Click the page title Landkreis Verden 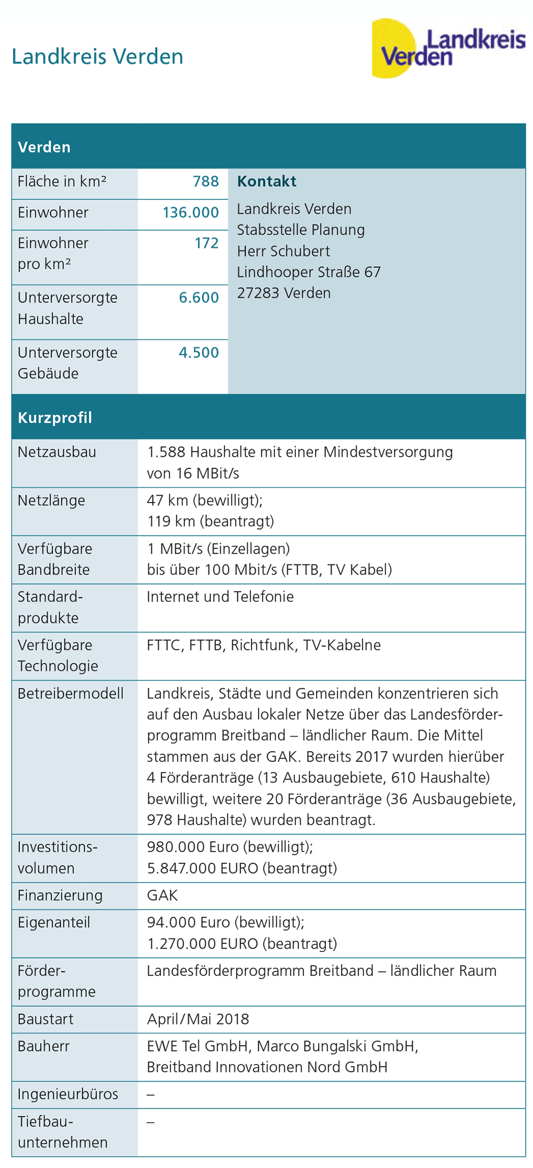(98, 57)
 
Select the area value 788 (206, 181)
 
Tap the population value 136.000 (190, 212)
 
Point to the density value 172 (206, 243)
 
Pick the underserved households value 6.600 (198, 298)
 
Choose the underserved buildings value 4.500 (198, 353)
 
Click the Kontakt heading (266, 181)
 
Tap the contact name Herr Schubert (283, 251)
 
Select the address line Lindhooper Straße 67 (309, 272)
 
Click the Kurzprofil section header (55, 417)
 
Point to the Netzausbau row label (57, 452)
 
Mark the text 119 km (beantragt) (211, 521)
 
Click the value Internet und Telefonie (220, 597)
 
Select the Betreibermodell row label (70, 694)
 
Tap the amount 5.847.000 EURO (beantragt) (242, 868)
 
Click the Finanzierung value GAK (162, 895)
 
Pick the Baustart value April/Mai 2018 (198, 1019)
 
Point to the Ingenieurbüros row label (68, 1094)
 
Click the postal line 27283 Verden (284, 293)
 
